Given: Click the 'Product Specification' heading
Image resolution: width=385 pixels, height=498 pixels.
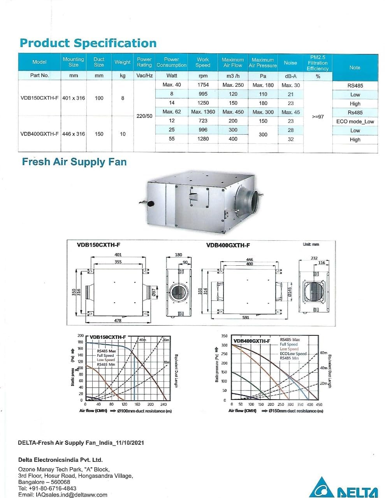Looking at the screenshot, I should pos(88,43).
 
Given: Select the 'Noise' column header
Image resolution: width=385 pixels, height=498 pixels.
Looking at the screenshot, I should pos(290,63).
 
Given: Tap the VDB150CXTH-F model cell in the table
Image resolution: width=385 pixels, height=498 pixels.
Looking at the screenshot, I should pos(39,98).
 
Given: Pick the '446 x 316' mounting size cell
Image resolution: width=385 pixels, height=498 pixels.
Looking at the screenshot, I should pos(74,134).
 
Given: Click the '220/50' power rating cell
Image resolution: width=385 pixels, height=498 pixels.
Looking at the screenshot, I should pos(144,116).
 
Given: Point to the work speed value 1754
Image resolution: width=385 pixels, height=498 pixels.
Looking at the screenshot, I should pos(203,85).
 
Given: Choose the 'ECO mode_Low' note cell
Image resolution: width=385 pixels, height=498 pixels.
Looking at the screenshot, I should pos(355,121).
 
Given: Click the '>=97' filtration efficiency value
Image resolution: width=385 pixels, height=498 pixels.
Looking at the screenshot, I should pos(318,116).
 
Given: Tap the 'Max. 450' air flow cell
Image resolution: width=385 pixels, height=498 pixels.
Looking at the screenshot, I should pos(233,112).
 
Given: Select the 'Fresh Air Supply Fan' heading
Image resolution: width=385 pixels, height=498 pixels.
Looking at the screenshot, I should pos(74,162).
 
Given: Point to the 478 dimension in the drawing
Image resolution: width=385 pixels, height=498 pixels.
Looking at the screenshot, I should pos(118,321).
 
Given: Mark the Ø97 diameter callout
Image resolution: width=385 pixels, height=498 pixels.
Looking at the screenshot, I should pos(154,292).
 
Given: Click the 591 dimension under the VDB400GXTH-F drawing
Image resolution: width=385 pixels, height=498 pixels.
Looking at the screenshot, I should pos(246,317).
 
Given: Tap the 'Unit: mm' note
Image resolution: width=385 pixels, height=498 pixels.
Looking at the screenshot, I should pos(311,244).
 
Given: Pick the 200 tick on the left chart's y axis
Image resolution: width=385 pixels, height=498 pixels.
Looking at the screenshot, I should pos(81,335).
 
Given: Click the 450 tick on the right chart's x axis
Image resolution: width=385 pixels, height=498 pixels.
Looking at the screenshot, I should pos(319,405).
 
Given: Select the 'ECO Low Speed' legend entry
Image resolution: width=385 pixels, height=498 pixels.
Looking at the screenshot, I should pos(293,354).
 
